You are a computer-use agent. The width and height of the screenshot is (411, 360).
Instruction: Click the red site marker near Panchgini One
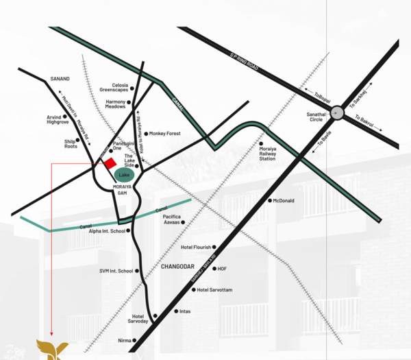click(x=109, y=162)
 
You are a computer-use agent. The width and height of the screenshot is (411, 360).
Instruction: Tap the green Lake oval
click(x=124, y=176)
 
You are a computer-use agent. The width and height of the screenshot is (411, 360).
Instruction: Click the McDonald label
click(x=283, y=200)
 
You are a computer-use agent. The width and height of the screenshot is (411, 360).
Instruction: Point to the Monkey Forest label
click(x=164, y=134)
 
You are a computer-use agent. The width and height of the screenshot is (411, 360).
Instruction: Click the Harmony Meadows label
click(x=116, y=104)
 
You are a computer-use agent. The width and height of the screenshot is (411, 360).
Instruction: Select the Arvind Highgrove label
click(x=58, y=119)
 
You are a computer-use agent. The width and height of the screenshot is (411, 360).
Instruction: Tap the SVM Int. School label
click(x=116, y=271)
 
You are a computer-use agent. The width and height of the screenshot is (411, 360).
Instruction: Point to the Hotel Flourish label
click(x=196, y=248)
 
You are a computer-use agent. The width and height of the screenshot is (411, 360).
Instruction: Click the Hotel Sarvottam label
click(x=214, y=290)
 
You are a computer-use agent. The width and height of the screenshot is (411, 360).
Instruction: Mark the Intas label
click(x=184, y=311)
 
